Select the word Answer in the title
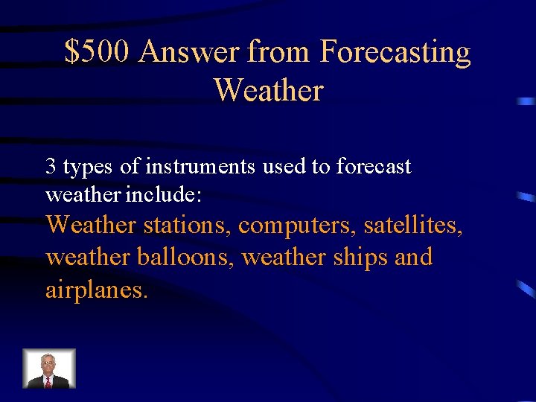[x=189, y=53]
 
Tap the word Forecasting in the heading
[x=395, y=53]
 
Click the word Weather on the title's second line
[x=268, y=91]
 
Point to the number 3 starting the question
[x=51, y=167]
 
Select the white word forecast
[x=373, y=167]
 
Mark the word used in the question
[x=284, y=167]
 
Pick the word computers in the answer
[x=297, y=224]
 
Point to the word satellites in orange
[x=413, y=224]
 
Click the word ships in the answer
[x=364, y=257]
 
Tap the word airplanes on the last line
[x=97, y=290]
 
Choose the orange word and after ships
[x=414, y=257]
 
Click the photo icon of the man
[x=49, y=368]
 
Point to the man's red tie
[x=48, y=382]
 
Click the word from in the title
[x=280, y=53]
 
